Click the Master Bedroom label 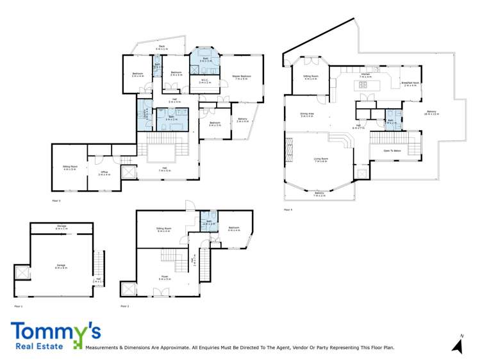tap(242, 77)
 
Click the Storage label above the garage tap(62, 227)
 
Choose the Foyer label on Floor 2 tap(165, 278)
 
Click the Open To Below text tap(392, 151)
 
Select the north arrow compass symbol tap(458, 345)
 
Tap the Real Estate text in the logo tap(40, 347)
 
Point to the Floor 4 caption tap(288, 209)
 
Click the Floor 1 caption tap(18, 307)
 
